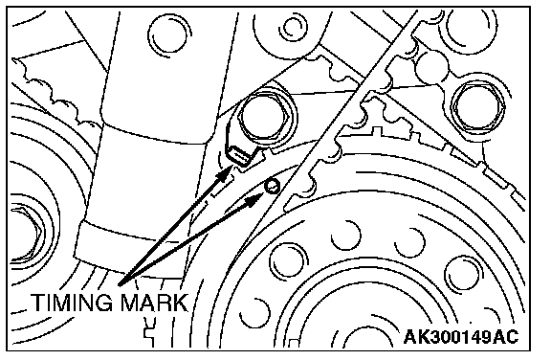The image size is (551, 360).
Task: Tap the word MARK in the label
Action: (x=154, y=303)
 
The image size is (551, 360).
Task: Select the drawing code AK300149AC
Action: (x=461, y=337)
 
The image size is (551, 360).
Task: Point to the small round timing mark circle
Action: (x=273, y=186)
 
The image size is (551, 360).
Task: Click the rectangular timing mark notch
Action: (x=238, y=156)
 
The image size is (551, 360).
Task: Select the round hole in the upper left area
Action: (x=169, y=35)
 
